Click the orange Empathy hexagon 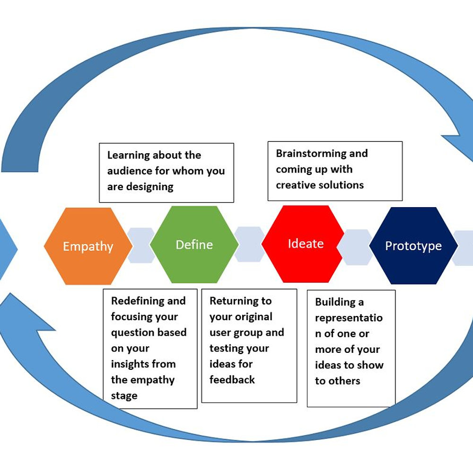click(x=88, y=246)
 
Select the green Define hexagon click(x=194, y=245)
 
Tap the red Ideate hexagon click(x=306, y=244)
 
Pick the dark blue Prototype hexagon click(x=413, y=246)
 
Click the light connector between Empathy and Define click(x=141, y=245)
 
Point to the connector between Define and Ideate click(x=250, y=244)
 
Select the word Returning click(x=234, y=301)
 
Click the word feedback click(x=232, y=380)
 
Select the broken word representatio click(x=349, y=318)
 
